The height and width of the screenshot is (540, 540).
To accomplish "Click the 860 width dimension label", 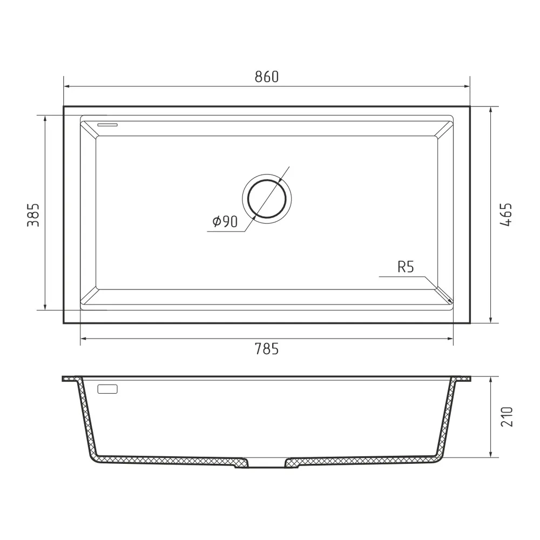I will tap(266, 77).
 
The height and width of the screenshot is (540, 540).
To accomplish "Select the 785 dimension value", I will tap(266, 349).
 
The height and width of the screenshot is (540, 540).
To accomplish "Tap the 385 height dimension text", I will tap(33, 214).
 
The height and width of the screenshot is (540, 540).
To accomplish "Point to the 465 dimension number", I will tap(506, 214).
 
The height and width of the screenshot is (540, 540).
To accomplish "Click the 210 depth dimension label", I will tap(506, 417).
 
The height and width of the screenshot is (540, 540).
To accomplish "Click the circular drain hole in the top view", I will tap(266, 198).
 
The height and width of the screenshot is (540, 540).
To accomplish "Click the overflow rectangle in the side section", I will tap(107, 389).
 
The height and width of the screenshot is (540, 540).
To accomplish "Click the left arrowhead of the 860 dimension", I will tap(66, 86).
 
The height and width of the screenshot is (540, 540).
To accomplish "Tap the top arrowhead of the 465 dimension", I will tap(490, 109).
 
